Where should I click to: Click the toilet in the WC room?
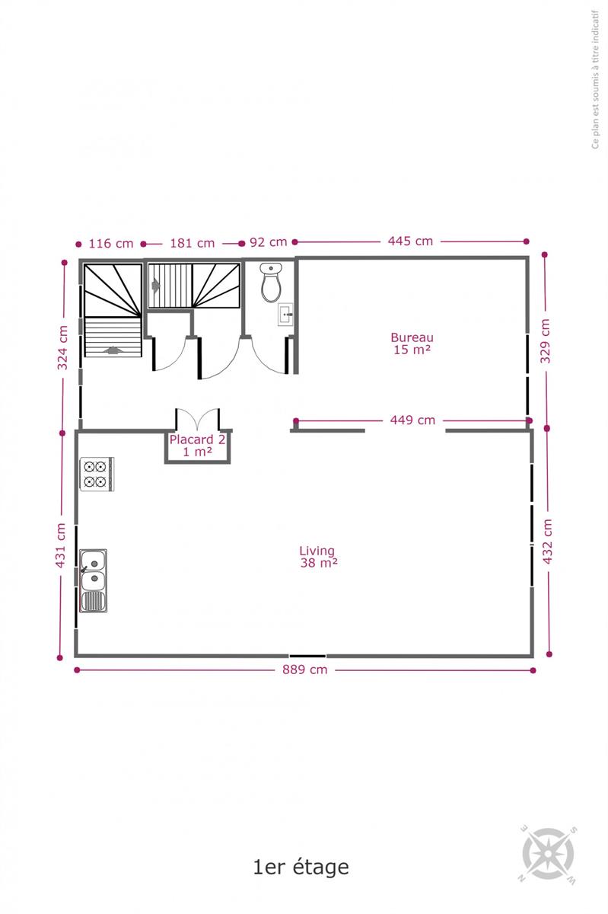click(x=271, y=283)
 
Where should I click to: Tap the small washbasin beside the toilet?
click(x=285, y=314)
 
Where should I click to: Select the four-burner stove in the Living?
click(x=97, y=474)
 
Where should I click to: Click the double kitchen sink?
click(x=94, y=580)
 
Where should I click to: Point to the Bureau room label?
click(x=412, y=344)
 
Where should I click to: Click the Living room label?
click(x=318, y=557)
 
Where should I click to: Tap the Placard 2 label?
click(x=197, y=446)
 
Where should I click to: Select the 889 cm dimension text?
click(x=305, y=670)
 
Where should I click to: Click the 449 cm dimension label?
click(x=412, y=420)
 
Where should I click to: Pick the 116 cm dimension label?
click(x=111, y=244)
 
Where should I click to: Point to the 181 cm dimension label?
click(x=192, y=243)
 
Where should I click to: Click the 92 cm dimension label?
click(x=268, y=242)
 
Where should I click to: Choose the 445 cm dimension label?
click(x=410, y=241)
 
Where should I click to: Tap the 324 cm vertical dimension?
click(x=62, y=347)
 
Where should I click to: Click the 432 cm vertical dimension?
click(x=547, y=542)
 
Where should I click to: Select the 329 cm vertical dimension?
click(x=545, y=341)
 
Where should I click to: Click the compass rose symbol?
click(x=548, y=854)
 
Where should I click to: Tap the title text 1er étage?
click(x=301, y=868)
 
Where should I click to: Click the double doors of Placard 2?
click(x=198, y=420)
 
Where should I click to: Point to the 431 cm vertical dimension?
click(x=60, y=545)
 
